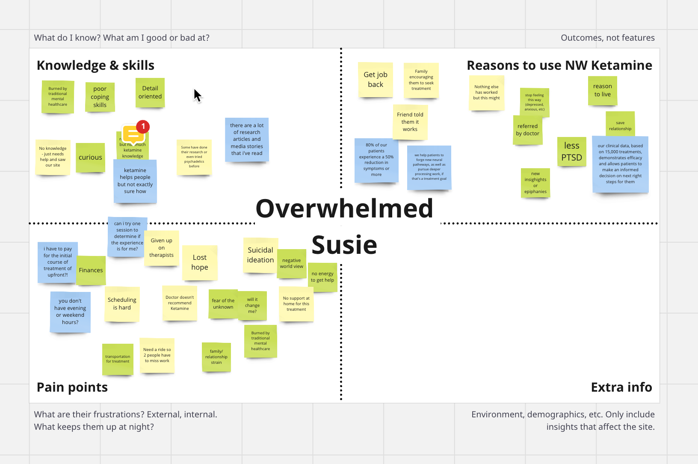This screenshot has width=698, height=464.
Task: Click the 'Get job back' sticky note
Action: [x=376, y=80]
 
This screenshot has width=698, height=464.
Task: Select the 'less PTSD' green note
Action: [x=571, y=152]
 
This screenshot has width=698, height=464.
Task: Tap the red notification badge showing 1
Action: [x=143, y=126]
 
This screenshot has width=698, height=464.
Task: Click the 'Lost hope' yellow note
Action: [x=200, y=262]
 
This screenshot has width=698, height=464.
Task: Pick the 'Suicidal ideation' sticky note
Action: [x=260, y=255]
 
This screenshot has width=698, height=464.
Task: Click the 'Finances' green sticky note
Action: [x=91, y=271]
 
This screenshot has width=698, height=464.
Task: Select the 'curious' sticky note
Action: [x=90, y=158]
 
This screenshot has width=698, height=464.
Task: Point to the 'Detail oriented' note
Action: [x=150, y=92]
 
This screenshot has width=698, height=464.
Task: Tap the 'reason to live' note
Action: [x=602, y=90]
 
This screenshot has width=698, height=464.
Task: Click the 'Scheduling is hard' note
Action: [x=122, y=304]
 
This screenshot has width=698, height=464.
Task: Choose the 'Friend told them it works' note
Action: [x=410, y=122]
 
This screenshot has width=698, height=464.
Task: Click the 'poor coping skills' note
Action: [x=100, y=97]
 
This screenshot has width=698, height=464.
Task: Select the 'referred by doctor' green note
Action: [x=527, y=130]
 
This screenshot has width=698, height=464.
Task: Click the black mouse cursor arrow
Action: [x=197, y=95]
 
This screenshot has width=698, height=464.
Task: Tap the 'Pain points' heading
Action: [x=72, y=387]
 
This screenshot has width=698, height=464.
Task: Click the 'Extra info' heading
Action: [x=621, y=387]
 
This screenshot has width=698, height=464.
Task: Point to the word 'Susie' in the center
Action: [x=344, y=245]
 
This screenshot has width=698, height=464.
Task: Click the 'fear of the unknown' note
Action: [x=223, y=304]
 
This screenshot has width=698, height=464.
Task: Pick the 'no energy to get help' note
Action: [x=322, y=277]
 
